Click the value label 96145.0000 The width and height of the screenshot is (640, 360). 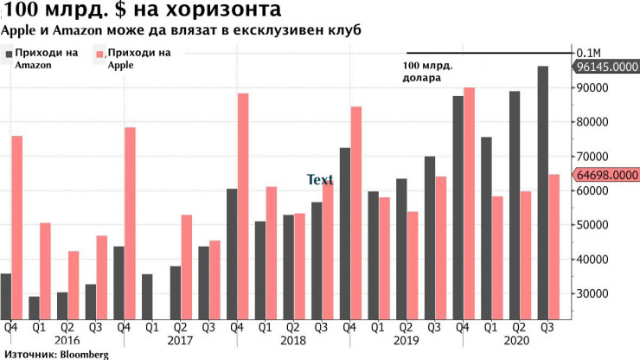(607, 67)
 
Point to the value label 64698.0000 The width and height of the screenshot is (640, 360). (607, 175)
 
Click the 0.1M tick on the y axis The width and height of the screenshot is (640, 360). (590, 52)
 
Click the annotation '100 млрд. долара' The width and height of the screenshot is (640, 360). (428, 72)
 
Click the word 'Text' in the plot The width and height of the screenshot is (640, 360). (320, 180)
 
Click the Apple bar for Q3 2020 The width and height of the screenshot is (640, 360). (554, 247)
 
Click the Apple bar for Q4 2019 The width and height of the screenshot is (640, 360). (469, 203)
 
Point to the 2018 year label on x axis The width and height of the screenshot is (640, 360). (292, 341)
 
